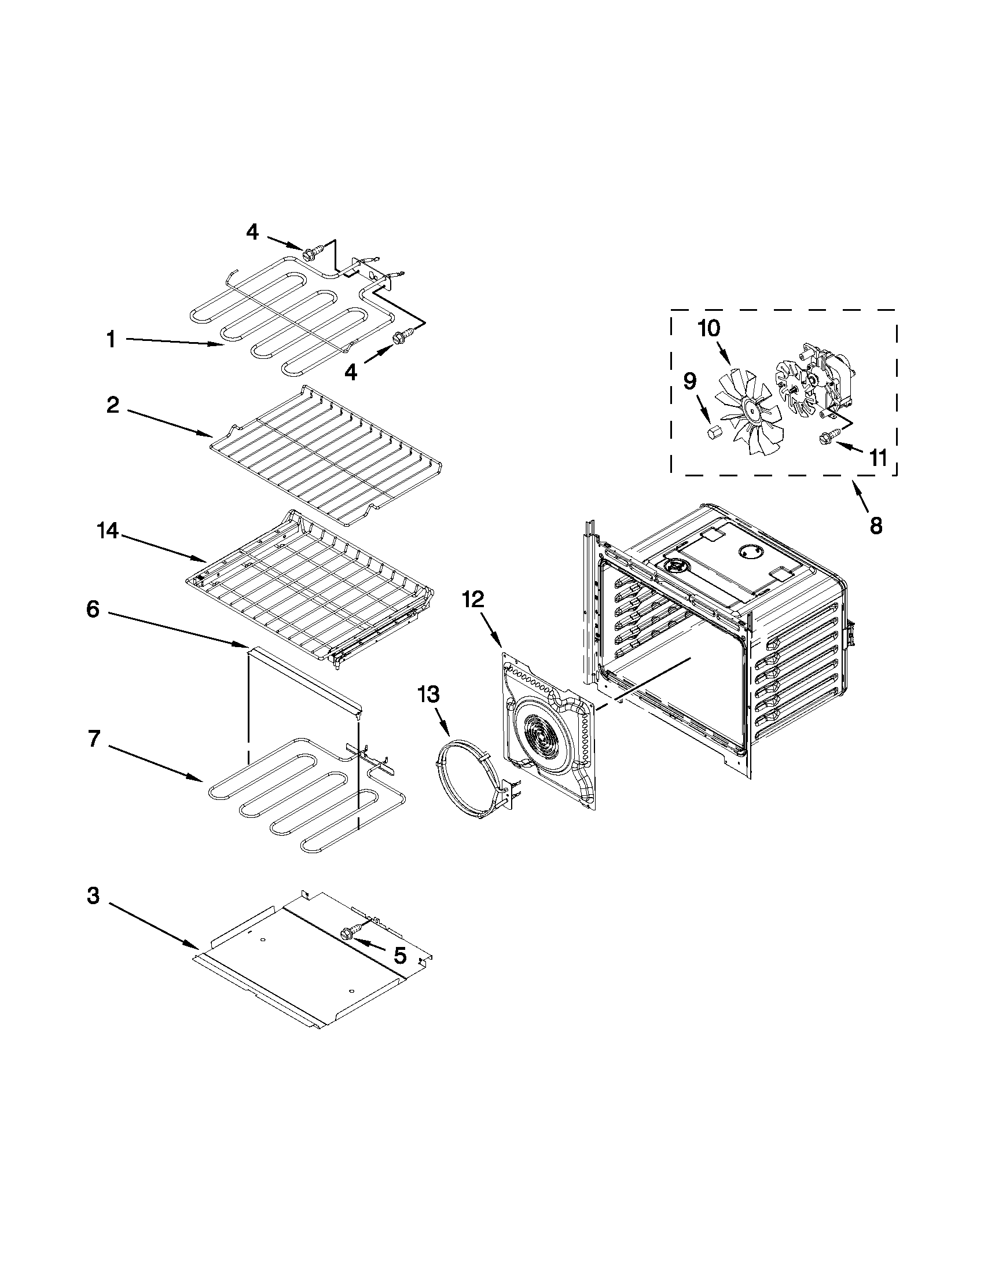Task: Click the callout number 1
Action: click(110, 339)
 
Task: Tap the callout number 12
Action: click(473, 600)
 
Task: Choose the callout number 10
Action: click(708, 328)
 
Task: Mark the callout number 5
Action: click(400, 955)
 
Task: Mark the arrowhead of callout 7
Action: click(203, 779)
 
